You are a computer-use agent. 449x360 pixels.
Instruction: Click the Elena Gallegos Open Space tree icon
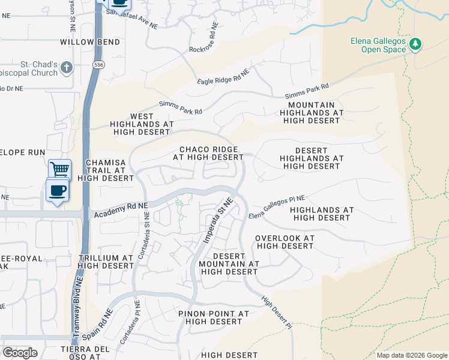tap(415, 44)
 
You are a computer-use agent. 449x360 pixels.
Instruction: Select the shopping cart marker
tap(60, 169)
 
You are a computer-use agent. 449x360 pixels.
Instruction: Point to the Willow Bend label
tap(90, 42)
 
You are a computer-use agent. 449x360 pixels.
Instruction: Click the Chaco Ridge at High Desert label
tap(208, 153)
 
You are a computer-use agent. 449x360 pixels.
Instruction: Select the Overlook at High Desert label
tap(285, 242)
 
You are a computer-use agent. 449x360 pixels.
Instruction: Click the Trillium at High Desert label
tap(106, 262)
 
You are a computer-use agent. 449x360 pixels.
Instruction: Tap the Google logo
tap(20, 353)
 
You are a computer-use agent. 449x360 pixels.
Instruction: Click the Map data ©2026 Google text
tap(412, 355)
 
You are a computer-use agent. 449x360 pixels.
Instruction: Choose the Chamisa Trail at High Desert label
tap(109, 170)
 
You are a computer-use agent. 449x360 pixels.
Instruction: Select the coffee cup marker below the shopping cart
tap(58, 191)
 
